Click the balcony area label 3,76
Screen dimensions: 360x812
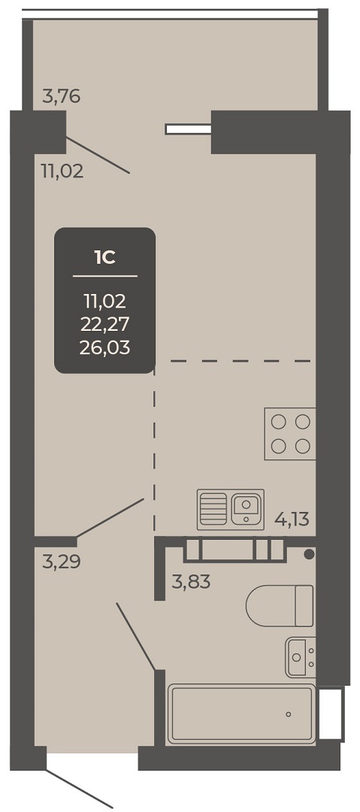62,96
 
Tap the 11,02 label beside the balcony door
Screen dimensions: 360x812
62,171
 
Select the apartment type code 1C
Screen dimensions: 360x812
104,257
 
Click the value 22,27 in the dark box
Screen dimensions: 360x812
104,323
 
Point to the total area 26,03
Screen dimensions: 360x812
104,347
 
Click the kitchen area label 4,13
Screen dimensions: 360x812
292,519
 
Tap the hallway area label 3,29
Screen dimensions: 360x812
62,562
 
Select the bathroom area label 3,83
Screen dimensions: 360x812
191,583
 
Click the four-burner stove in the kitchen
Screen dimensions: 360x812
290,434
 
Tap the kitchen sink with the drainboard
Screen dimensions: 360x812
231,510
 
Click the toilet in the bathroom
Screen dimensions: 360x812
280,606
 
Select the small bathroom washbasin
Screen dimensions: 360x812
300,657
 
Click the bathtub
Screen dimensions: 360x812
241,714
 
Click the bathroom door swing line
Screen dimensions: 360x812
136,637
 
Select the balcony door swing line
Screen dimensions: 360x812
98,155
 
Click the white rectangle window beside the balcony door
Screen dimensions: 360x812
188,129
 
